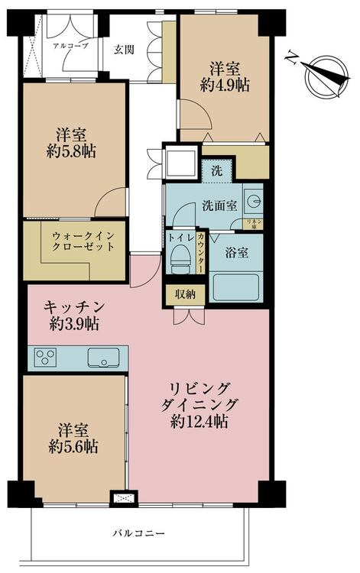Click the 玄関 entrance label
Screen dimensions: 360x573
(x=124, y=50)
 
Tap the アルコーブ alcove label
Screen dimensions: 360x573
(x=70, y=47)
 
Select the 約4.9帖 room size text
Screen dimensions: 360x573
(x=225, y=86)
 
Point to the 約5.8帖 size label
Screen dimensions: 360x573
(x=71, y=151)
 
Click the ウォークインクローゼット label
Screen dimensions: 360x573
(x=83, y=241)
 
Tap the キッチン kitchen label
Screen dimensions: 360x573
(x=74, y=307)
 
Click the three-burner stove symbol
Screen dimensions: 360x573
(x=45, y=356)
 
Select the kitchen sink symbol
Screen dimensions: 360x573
(x=103, y=358)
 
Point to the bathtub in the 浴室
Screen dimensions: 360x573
(x=235, y=287)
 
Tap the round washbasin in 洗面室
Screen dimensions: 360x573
(x=253, y=201)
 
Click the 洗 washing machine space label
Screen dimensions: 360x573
(x=217, y=171)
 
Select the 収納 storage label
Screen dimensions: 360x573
(x=185, y=294)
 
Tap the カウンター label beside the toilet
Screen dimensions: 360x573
(x=201, y=252)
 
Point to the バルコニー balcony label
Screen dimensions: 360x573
(x=138, y=533)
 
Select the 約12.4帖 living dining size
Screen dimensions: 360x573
(x=199, y=422)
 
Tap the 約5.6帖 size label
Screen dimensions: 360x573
(x=73, y=446)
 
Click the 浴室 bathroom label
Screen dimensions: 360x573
(x=236, y=253)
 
